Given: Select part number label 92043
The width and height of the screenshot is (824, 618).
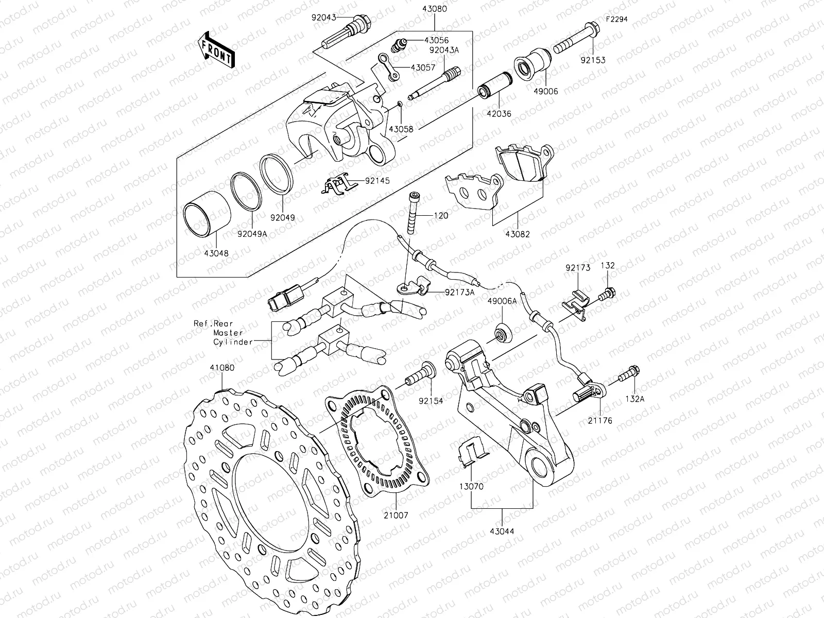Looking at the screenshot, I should (322, 18).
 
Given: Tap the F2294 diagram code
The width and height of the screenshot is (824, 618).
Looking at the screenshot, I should (617, 20).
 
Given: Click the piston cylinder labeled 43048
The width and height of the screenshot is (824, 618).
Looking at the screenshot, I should (208, 214).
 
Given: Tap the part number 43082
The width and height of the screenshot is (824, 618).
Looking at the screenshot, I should (518, 234).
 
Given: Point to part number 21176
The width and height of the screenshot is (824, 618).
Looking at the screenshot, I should (600, 421).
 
